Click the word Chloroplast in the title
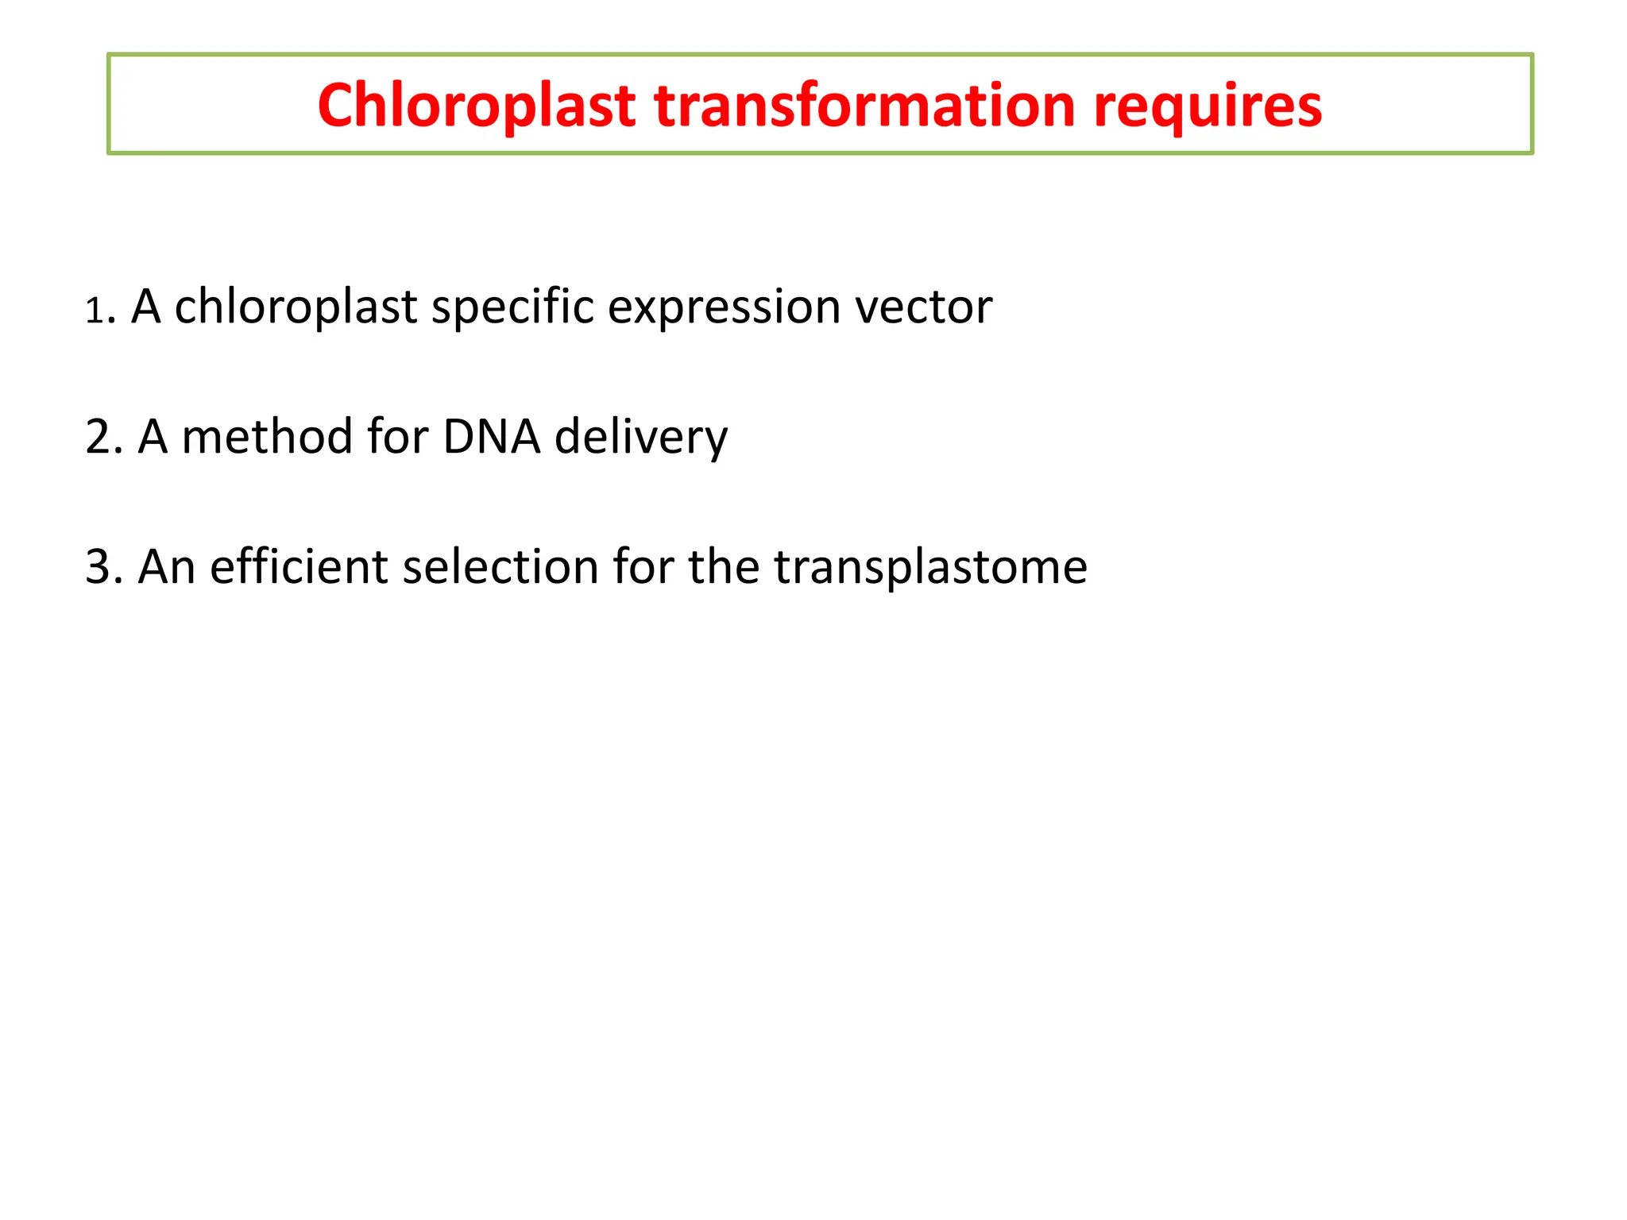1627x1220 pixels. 476,106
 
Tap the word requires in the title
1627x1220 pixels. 1208,106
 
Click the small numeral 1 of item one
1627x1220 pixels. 95,311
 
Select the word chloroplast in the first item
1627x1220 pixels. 296,307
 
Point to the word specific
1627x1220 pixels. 512,307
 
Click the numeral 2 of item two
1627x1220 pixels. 98,438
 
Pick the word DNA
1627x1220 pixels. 492,438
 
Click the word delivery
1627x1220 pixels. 640,438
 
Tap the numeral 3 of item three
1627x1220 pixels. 98,568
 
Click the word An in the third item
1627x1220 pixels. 167,568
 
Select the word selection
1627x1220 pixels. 500,568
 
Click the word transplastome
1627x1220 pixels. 930,568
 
